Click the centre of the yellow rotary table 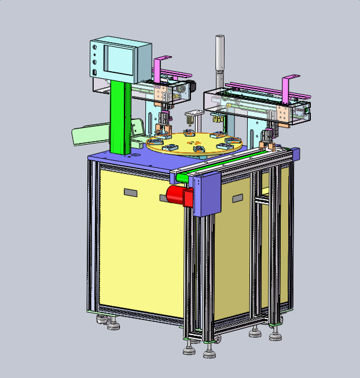click(x=194, y=142)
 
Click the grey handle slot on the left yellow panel click(x=130, y=192)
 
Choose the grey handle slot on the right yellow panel click(x=237, y=199)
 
